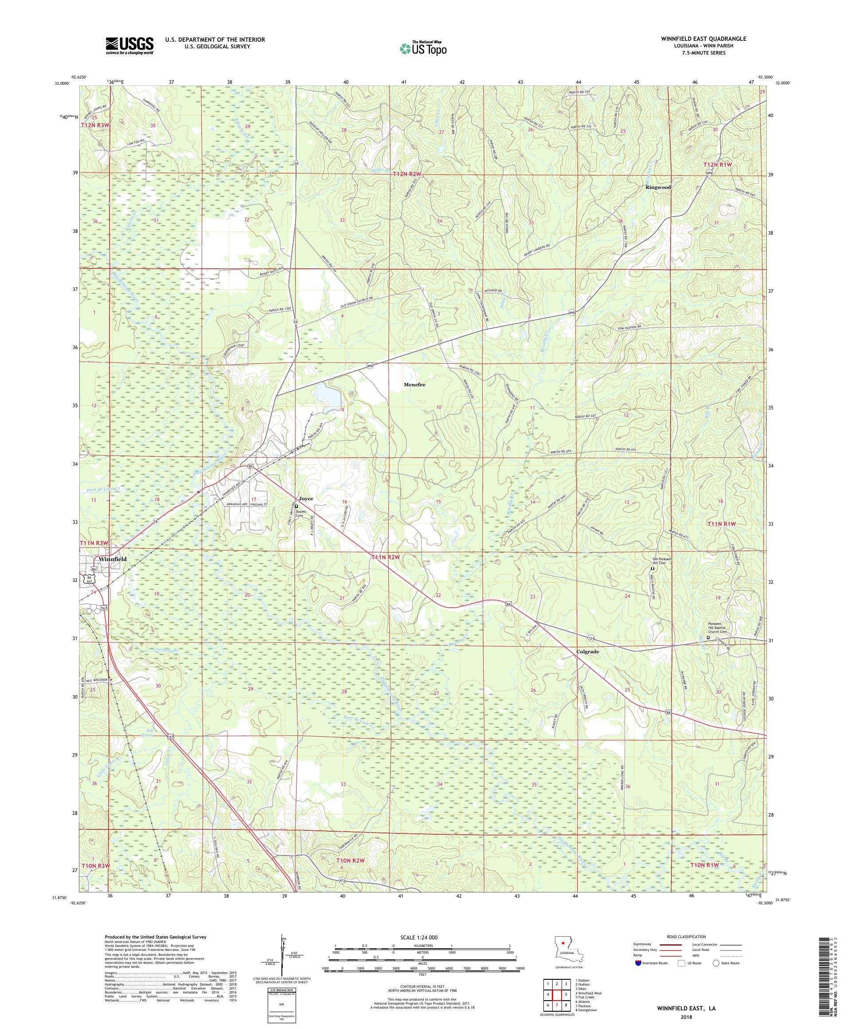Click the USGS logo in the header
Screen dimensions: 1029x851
point(129,46)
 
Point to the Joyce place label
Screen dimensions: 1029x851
point(305,499)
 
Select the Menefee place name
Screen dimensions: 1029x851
point(414,385)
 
